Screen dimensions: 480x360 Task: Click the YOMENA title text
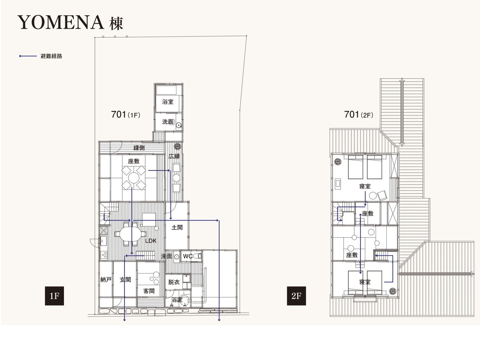[60, 22]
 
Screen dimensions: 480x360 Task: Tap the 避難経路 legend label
[51, 56]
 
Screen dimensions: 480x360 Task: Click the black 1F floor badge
[54, 296]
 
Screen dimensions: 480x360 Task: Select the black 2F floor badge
[296, 296]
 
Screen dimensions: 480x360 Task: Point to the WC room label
[188, 256]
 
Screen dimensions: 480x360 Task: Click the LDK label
[151, 241]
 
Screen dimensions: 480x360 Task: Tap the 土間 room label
[177, 228]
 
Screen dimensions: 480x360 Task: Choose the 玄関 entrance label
[125, 280]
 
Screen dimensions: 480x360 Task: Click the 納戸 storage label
[106, 280]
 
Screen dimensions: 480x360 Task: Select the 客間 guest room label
[149, 291]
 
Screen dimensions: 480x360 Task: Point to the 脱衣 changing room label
[174, 282]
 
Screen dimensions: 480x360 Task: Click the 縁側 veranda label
[139, 148]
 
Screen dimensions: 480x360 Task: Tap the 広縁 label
[174, 156]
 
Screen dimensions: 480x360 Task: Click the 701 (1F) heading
[126, 114]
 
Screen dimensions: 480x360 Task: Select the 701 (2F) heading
[359, 114]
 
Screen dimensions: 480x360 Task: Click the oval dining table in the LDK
[130, 234]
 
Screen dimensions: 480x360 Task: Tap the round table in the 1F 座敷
[134, 178]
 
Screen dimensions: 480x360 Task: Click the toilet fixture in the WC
[198, 256]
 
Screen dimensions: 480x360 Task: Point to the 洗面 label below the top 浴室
[168, 122]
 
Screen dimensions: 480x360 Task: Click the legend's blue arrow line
[28, 56]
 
